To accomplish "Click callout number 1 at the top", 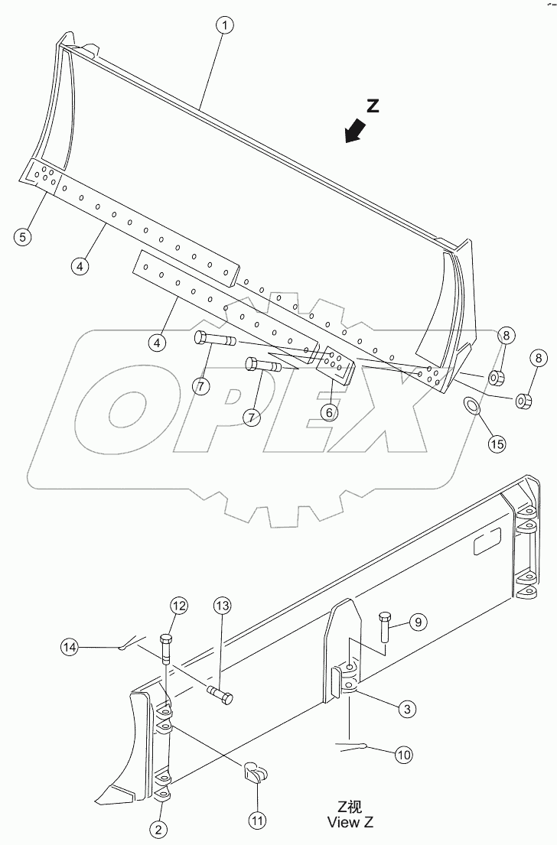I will pos(224,25).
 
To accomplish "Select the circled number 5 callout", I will pos(23,237).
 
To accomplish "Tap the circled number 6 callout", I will pos(328,411).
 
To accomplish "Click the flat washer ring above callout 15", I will pos(472,404).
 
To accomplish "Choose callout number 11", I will pos(258,820).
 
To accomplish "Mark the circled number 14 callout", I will pos(70,646).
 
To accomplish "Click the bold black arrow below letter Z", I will pos(353,134).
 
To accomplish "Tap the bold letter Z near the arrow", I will pos(373,107).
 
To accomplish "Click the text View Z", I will pos(350,823).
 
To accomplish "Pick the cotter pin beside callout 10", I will pos(353,746).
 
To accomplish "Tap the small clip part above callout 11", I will pos(255,774).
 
